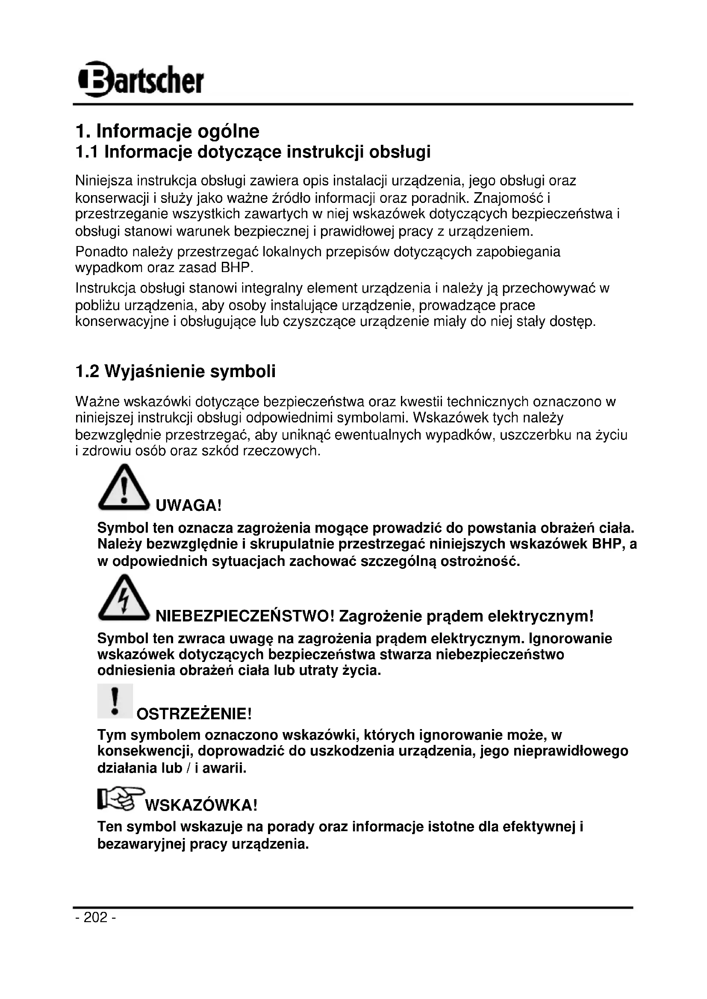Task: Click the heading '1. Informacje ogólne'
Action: pos(167,131)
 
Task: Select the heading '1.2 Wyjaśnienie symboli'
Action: pos(175,372)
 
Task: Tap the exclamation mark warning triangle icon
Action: pos(124,488)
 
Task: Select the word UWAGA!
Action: pos(189,506)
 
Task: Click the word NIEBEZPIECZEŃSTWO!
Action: pos(245,617)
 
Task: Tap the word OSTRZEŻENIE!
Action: pos(194,714)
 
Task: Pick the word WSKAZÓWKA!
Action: pos(201,806)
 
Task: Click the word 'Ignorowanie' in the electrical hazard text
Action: pos(571,639)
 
